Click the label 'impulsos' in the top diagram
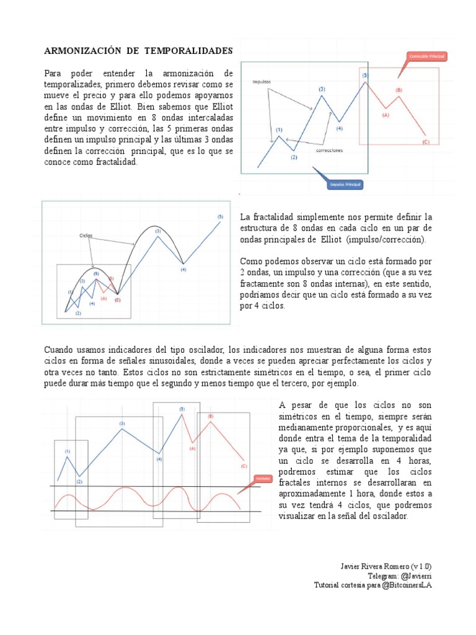point(262,81)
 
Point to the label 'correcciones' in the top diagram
point(330,150)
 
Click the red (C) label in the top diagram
point(425,142)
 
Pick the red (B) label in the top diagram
point(399,91)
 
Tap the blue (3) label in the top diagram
point(322,89)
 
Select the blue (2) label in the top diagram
point(294,158)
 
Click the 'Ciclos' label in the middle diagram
point(86,236)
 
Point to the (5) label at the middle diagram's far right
point(220,216)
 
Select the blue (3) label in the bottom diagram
point(122,423)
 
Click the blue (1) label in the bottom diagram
point(67,451)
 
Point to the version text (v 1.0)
point(421,566)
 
